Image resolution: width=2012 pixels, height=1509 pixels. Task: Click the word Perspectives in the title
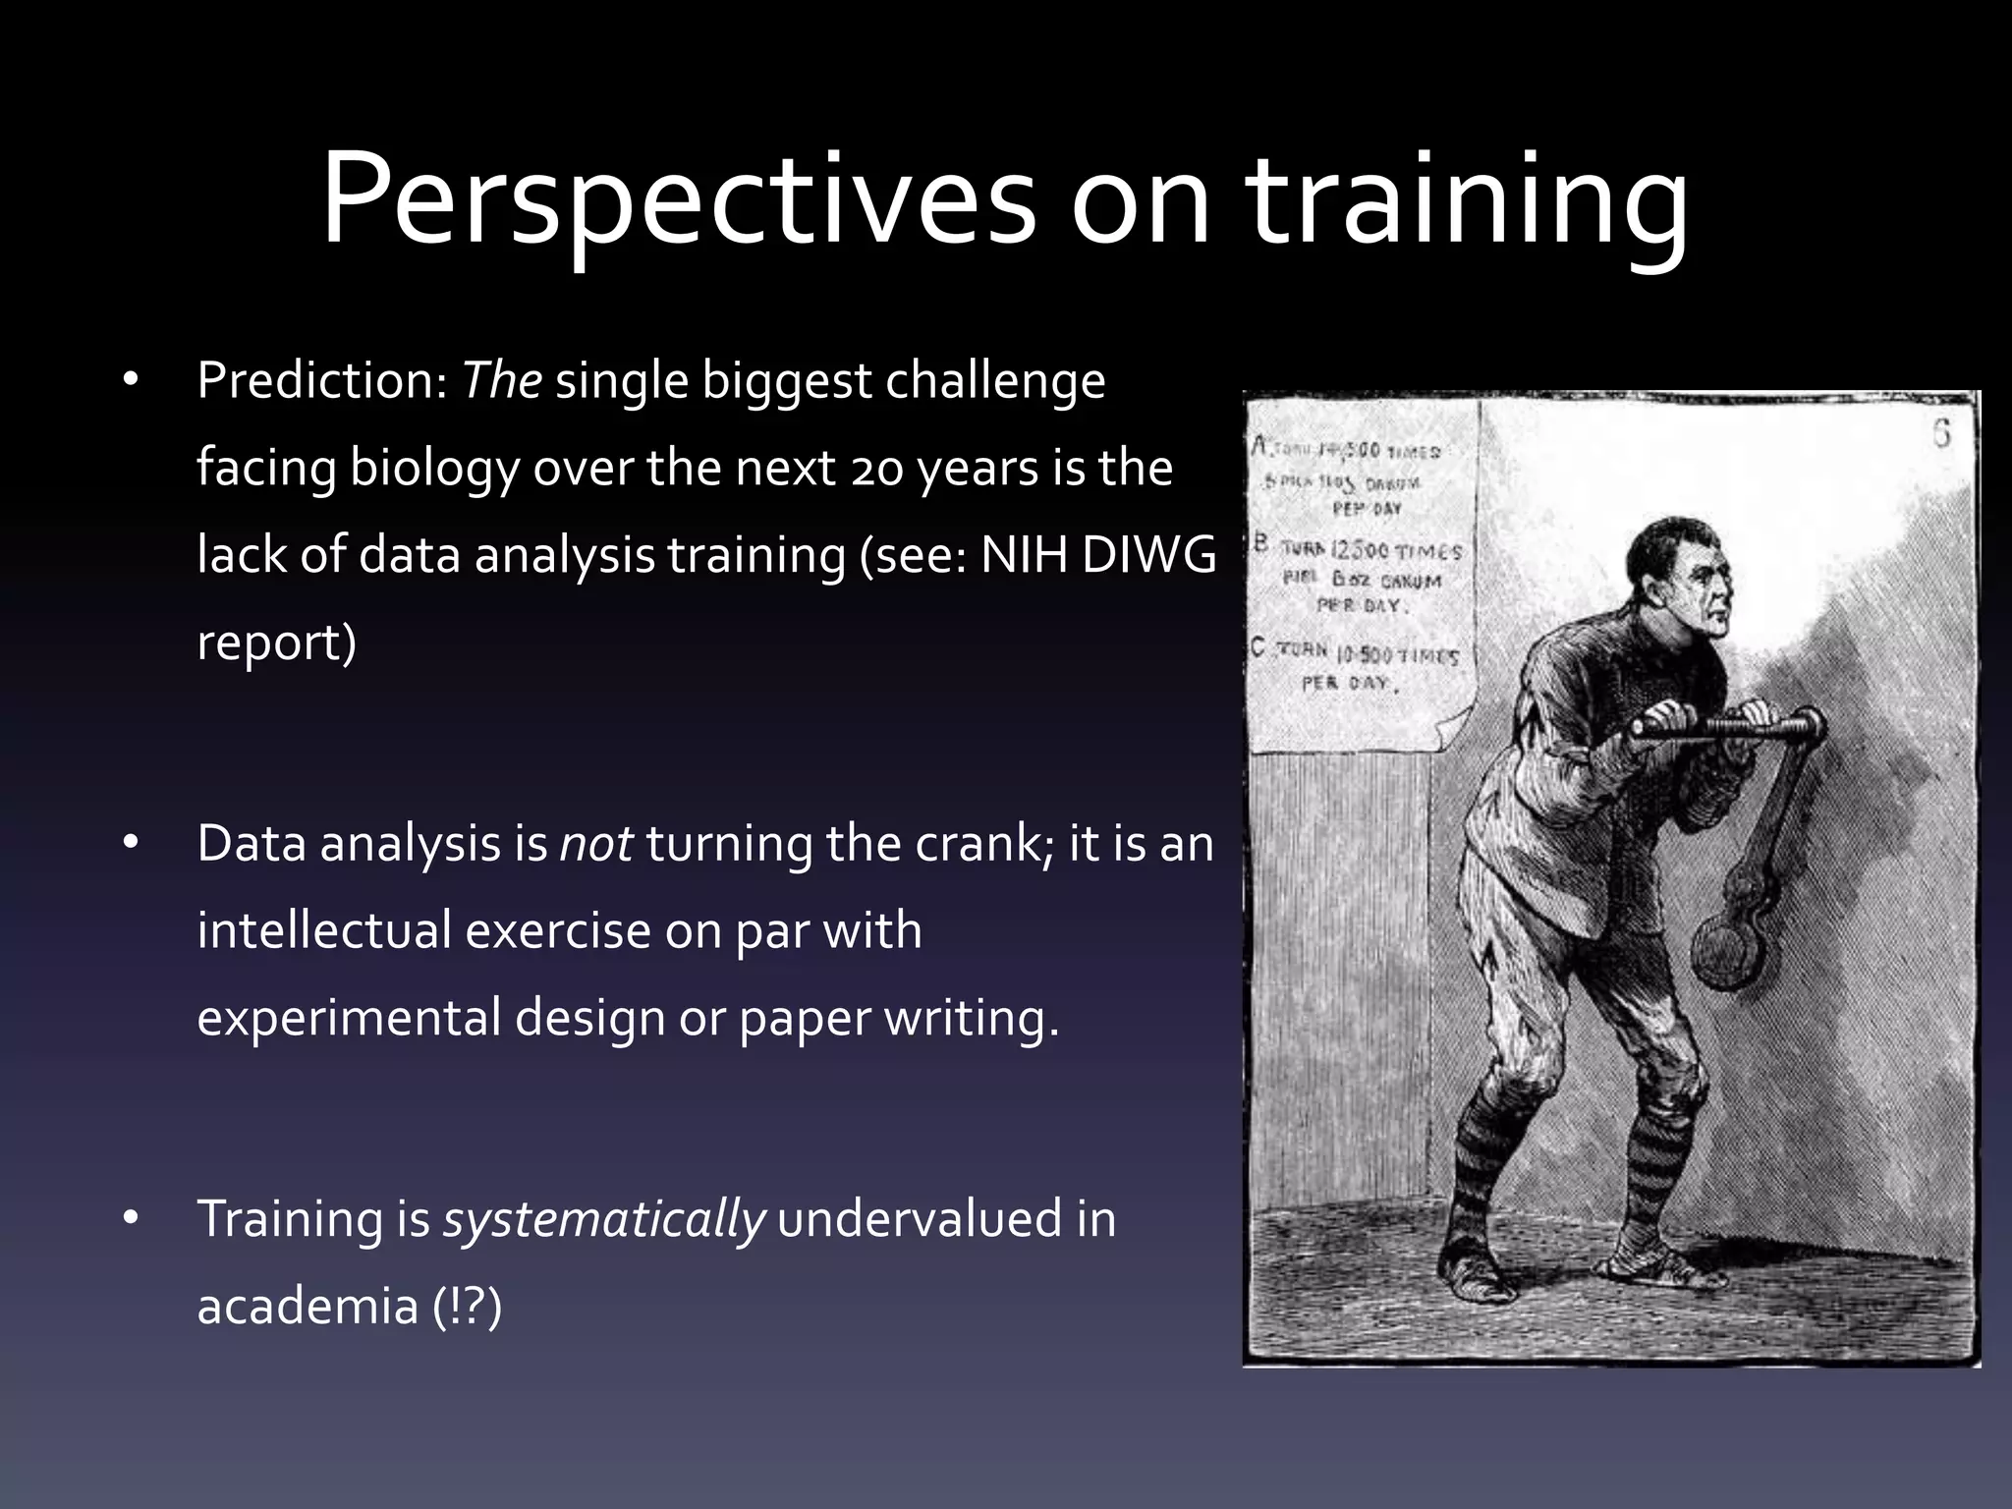(x=678, y=201)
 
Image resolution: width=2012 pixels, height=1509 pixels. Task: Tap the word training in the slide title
(x=1469, y=201)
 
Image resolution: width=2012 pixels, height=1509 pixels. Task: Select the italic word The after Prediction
(x=501, y=380)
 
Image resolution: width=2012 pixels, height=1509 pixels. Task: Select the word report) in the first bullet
(x=276, y=643)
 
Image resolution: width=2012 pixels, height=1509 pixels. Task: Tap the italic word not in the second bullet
(x=595, y=844)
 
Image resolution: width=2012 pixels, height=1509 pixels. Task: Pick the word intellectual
(x=323, y=930)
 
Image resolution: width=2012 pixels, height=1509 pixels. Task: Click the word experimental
(x=349, y=1018)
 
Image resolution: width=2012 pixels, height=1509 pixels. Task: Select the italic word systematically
(x=603, y=1220)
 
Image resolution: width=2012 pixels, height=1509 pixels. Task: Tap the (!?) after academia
(x=468, y=1307)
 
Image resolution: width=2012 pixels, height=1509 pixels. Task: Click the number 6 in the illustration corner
(x=1941, y=433)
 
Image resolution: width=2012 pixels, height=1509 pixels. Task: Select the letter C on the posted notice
(x=1258, y=648)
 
